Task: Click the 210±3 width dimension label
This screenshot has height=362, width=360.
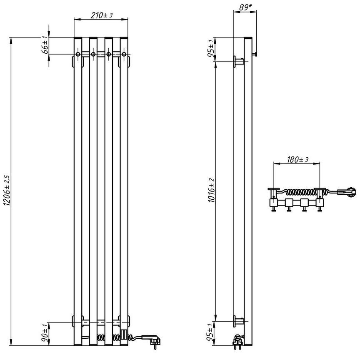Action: click(x=102, y=15)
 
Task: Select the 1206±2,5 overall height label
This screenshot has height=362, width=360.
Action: click(x=7, y=190)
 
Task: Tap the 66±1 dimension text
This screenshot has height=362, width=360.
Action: click(x=45, y=45)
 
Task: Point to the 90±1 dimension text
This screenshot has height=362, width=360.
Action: click(x=45, y=333)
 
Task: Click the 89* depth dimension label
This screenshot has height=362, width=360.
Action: click(x=245, y=7)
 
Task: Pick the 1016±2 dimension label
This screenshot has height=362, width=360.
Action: click(x=212, y=191)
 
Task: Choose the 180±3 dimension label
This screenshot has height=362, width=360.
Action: click(x=297, y=159)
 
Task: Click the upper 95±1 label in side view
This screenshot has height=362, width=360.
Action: click(x=211, y=50)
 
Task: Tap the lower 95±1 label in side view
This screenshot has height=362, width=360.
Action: click(x=211, y=333)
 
